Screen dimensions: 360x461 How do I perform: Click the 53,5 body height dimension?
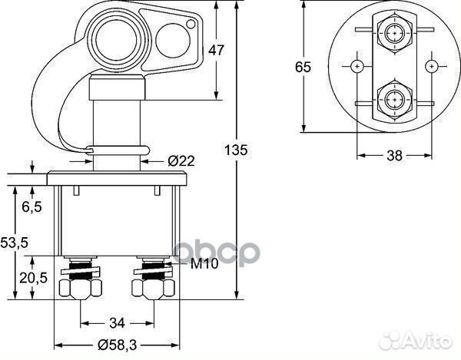[x=14, y=243]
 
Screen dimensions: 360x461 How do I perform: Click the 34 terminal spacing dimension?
[x=118, y=322]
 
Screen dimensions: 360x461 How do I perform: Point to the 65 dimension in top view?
[x=303, y=67]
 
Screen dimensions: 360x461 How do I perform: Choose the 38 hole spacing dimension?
[x=394, y=155]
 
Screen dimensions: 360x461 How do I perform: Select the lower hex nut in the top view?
[x=394, y=100]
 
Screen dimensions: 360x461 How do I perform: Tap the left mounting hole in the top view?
[x=357, y=66]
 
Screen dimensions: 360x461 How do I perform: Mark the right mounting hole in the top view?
[x=431, y=66]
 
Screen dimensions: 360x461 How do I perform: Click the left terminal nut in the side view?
[x=80, y=288]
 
